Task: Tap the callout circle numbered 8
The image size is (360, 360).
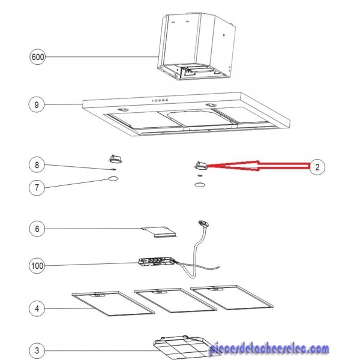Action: pyautogui.click(x=37, y=165)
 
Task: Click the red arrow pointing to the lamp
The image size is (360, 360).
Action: pyautogui.click(x=258, y=166)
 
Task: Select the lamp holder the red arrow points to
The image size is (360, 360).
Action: pyautogui.click(x=201, y=166)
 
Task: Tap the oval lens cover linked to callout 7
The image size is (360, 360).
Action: pyautogui.click(x=113, y=178)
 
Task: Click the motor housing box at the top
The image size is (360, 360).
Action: pyautogui.click(x=197, y=46)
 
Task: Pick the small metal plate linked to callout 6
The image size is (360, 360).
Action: pyautogui.click(x=158, y=232)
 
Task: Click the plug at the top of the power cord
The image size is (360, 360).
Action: pyautogui.click(x=203, y=224)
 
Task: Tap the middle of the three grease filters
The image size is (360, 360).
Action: pyautogui.click(x=175, y=301)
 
